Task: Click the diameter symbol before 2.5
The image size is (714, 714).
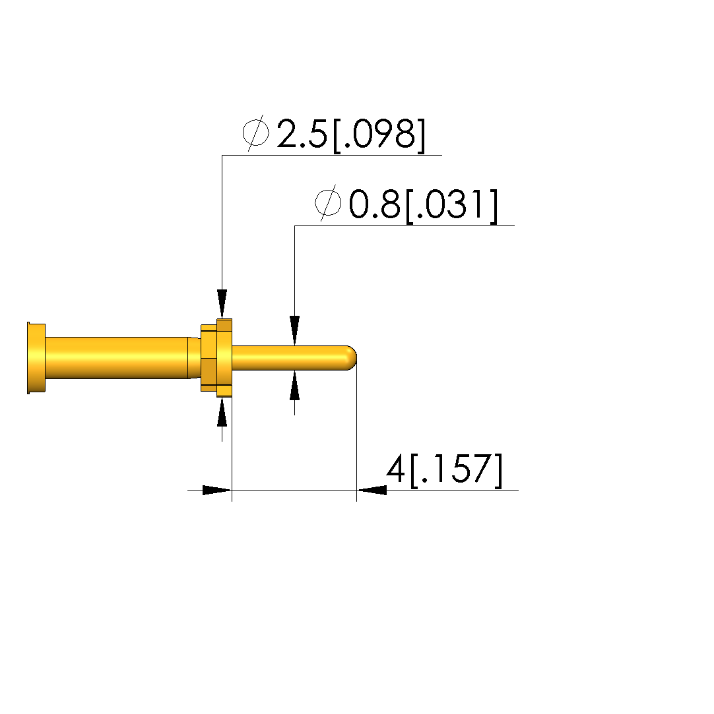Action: tap(255, 133)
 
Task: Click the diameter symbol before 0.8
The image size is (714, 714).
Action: tap(328, 203)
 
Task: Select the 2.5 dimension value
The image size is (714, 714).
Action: tap(302, 133)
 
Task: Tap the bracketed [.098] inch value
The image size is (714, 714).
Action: tap(379, 134)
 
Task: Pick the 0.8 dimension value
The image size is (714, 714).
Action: tap(375, 204)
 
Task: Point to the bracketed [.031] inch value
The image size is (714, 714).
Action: tap(451, 206)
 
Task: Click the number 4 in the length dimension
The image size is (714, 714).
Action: tap(395, 469)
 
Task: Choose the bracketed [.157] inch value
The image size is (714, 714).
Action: tap(456, 470)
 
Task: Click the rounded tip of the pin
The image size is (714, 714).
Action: tap(352, 358)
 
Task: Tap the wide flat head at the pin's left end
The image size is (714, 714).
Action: tap(36, 358)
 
